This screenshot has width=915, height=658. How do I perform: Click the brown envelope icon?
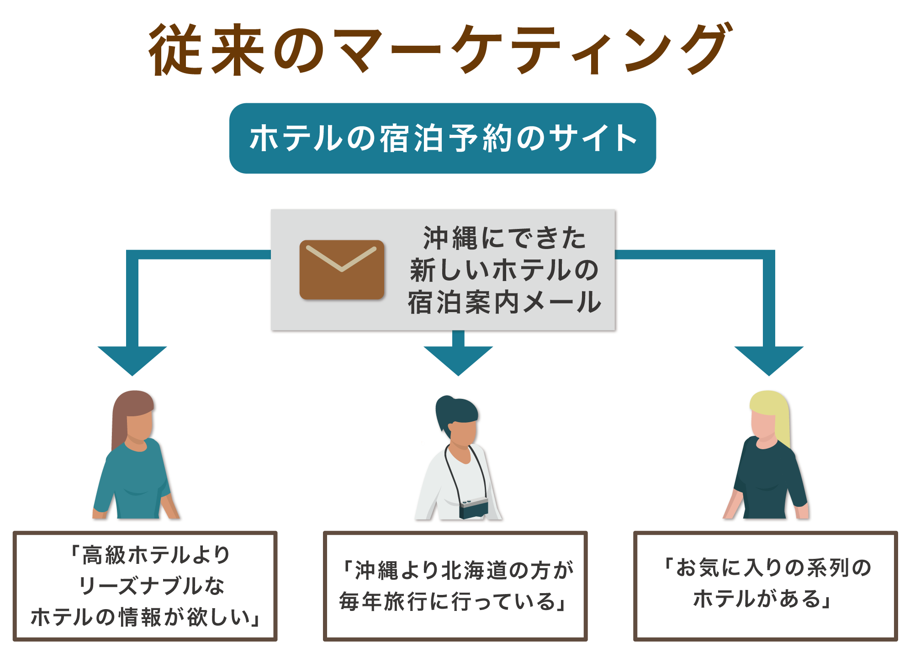(342, 270)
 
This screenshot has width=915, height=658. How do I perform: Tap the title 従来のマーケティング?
(441, 49)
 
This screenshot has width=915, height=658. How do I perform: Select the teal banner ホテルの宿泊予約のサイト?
(443, 138)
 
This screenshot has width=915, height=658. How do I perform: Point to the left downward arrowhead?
(132, 361)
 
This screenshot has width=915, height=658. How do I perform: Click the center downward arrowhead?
(458, 361)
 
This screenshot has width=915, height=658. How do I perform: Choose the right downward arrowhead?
(769, 361)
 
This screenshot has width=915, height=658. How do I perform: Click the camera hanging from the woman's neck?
(474, 508)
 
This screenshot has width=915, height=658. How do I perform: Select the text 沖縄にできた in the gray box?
(504, 238)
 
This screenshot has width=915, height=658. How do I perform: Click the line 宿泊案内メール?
(504, 302)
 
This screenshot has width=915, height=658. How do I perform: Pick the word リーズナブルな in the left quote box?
(152, 585)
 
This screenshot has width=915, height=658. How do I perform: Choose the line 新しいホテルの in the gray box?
(504, 270)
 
